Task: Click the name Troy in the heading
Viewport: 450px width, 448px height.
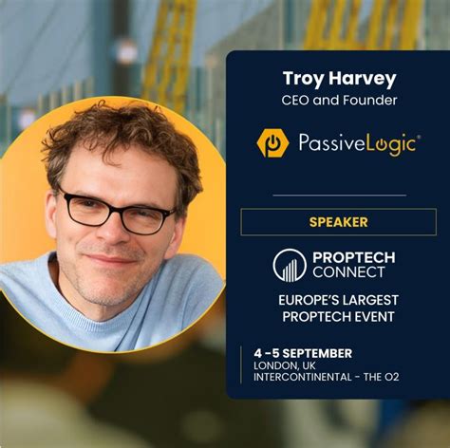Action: pyautogui.click(x=303, y=78)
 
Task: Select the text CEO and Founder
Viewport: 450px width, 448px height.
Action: pyautogui.click(x=338, y=100)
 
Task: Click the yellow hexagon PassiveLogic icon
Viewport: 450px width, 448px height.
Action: pyautogui.click(x=273, y=142)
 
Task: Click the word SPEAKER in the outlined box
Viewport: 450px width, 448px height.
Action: pyautogui.click(x=339, y=222)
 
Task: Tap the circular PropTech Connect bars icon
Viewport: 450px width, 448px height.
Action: pyautogui.click(x=289, y=265)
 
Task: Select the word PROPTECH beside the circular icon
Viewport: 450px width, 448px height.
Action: pyautogui.click(x=353, y=257)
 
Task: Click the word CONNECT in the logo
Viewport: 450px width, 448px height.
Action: pyautogui.click(x=348, y=272)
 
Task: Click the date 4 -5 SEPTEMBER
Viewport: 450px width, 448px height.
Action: pyautogui.click(x=303, y=353)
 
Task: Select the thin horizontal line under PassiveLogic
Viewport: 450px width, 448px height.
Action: pyautogui.click(x=339, y=195)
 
